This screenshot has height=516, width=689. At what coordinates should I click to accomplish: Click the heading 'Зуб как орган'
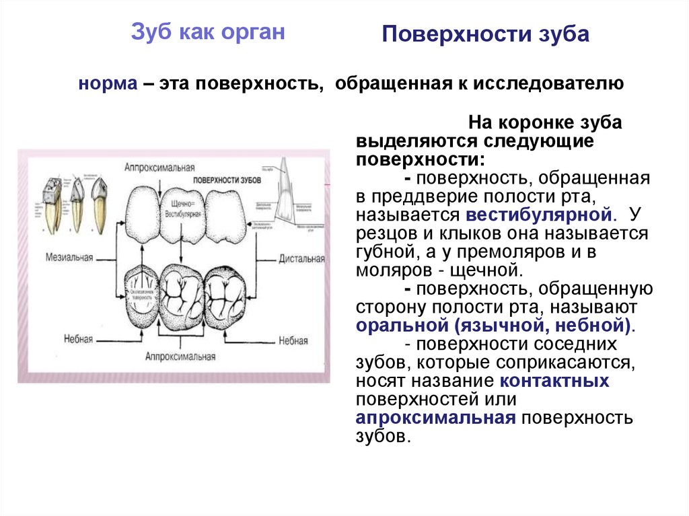click(207, 32)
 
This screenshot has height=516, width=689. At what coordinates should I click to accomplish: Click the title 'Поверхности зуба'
click(485, 35)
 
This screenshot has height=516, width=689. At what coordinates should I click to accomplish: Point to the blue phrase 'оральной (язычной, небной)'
click(495, 326)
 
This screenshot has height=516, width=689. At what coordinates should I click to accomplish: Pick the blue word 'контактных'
click(554, 381)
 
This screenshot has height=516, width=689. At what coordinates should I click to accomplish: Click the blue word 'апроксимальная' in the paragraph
click(435, 418)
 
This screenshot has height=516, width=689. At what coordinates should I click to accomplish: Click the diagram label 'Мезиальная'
click(69, 258)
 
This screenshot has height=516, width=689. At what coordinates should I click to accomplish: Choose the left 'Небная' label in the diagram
click(79, 340)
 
